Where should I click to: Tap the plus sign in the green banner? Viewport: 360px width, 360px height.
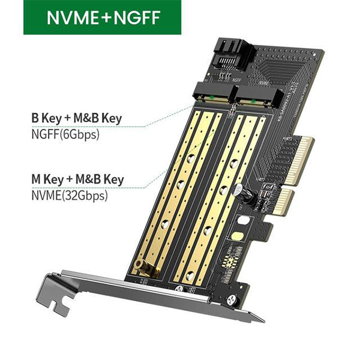[x=106, y=17]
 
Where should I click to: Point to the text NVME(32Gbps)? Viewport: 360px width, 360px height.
[x=70, y=194]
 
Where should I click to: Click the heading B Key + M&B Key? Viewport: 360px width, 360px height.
[x=76, y=118]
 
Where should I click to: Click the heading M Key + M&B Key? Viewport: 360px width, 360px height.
[x=77, y=179]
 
